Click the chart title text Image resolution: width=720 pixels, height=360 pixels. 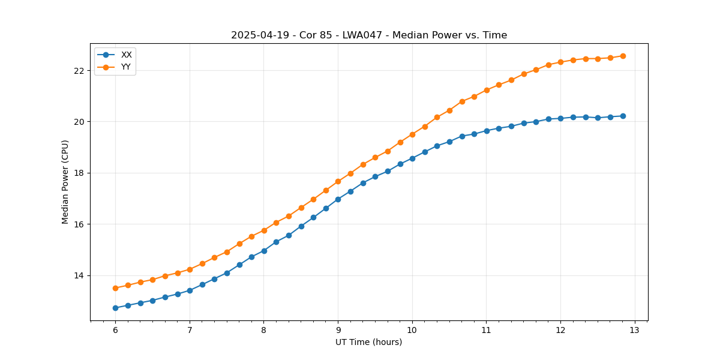coord(369,35)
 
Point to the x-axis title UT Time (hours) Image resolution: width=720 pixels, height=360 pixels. coord(368,342)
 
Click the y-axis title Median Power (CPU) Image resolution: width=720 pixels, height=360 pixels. coord(65,182)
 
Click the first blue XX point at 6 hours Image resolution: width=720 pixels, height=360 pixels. coord(115,308)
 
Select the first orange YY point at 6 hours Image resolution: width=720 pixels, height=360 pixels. coord(115,288)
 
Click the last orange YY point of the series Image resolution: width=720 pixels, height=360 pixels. coord(623,56)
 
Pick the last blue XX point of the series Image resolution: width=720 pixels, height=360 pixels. coord(623,116)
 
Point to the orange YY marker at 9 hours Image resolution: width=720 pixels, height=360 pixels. coord(338,181)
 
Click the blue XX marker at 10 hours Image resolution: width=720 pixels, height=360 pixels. coord(412,158)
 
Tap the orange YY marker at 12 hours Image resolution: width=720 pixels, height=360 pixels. coord(560,62)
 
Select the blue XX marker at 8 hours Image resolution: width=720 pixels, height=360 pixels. coord(264,251)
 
